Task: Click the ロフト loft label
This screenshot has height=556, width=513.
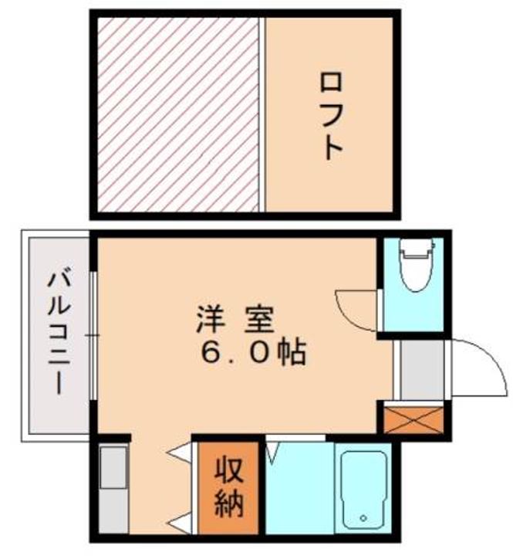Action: tap(331, 115)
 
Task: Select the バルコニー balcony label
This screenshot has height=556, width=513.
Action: tap(56, 332)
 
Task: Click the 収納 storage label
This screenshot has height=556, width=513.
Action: tap(229, 487)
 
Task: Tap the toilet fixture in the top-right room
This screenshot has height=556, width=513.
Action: tap(417, 266)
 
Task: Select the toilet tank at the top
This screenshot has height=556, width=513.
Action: tap(417, 249)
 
